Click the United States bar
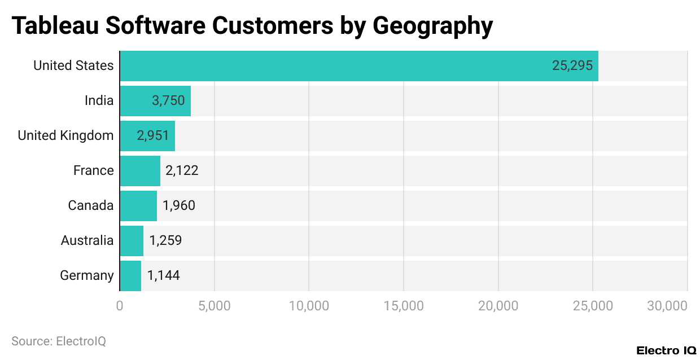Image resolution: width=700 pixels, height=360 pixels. click(x=359, y=66)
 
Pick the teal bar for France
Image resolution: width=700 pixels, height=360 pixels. click(x=140, y=171)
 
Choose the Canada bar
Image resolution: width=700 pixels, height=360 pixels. click(x=138, y=206)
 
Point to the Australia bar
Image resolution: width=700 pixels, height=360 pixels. click(x=132, y=241)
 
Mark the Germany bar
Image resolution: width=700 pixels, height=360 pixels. click(x=130, y=276)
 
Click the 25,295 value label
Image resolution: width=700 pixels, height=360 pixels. click(x=572, y=66)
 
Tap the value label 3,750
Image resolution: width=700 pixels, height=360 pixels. click(x=168, y=101)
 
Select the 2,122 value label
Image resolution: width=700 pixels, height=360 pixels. click(x=182, y=171)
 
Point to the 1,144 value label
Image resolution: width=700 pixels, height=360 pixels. click(x=164, y=276)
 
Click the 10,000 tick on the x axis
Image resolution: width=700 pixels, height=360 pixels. click(x=309, y=306)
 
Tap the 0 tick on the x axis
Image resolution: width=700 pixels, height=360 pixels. click(x=120, y=306)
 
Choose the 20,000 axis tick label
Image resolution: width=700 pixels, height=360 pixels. click(x=498, y=306)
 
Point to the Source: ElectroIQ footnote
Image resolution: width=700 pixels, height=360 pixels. click(x=59, y=341)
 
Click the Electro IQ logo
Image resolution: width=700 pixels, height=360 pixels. click(x=666, y=350)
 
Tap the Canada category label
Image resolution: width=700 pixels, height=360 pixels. click(x=91, y=206)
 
